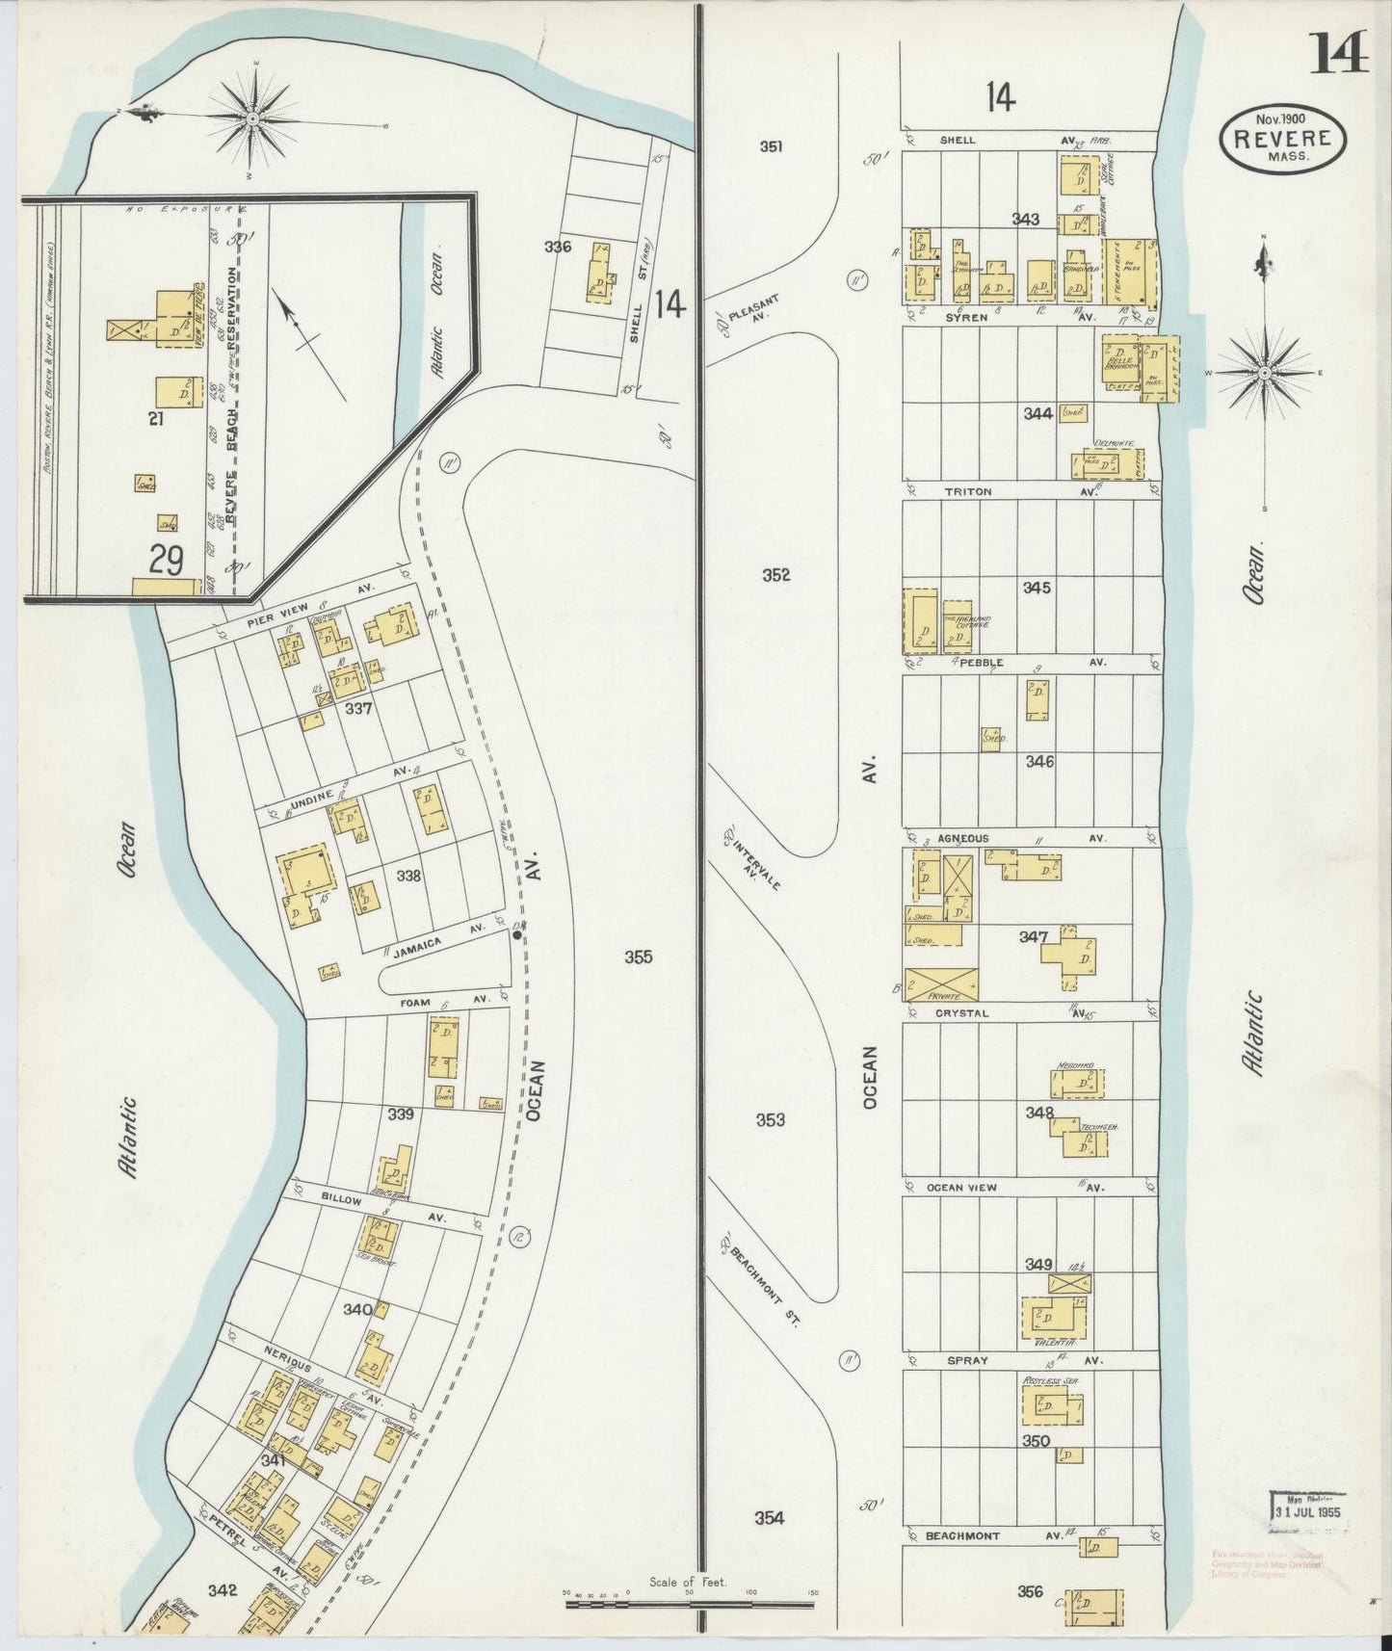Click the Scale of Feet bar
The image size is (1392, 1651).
click(x=689, y=1605)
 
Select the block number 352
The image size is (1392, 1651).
click(x=775, y=575)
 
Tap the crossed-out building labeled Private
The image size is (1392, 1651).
click(x=941, y=984)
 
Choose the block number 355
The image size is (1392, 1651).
click(x=638, y=957)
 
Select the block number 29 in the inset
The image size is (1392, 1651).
click(x=167, y=560)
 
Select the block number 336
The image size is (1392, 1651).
click(x=557, y=247)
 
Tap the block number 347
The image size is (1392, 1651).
click(x=1034, y=935)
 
